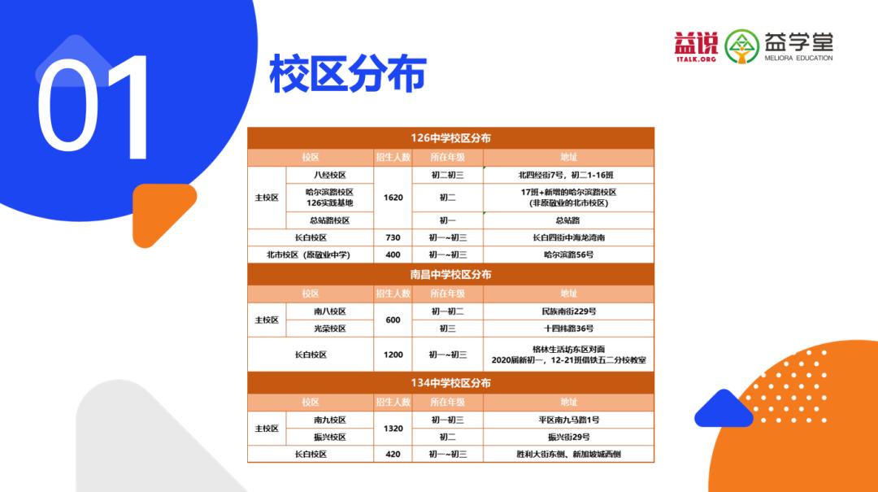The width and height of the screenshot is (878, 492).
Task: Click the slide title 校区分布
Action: click(x=347, y=75)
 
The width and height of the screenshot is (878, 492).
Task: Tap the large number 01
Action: click(x=93, y=107)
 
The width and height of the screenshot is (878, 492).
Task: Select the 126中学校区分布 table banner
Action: click(x=450, y=138)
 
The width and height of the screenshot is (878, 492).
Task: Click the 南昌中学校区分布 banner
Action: click(x=450, y=275)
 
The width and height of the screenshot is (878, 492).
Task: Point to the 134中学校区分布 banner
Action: click(x=450, y=383)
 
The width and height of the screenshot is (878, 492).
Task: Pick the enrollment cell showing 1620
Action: click(x=393, y=198)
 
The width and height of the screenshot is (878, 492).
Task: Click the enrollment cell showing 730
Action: click(x=393, y=237)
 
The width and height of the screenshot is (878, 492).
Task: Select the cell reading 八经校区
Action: click(x=330, y=175)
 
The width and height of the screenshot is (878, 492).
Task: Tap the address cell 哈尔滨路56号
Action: click(x=568, y=255)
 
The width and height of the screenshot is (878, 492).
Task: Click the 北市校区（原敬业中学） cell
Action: click(x=309, y=255)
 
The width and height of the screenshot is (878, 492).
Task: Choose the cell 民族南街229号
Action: click(x=568, y=311)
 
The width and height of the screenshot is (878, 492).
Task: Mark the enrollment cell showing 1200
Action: click(x=393, y=355)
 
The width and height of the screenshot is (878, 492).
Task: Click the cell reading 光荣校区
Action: click(x=330, y=329)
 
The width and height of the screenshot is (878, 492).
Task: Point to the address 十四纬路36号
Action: click(x=568, y=329)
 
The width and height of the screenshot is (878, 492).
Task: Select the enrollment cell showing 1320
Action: click(x=393, y=429)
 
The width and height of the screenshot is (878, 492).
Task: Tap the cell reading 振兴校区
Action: click(x=330, y=437)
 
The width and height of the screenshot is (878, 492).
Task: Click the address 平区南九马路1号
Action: click(x=568, y=420)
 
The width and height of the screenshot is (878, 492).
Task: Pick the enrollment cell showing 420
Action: click(x=393, y=454)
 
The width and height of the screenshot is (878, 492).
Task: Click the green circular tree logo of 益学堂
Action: click(x=741, y=46)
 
